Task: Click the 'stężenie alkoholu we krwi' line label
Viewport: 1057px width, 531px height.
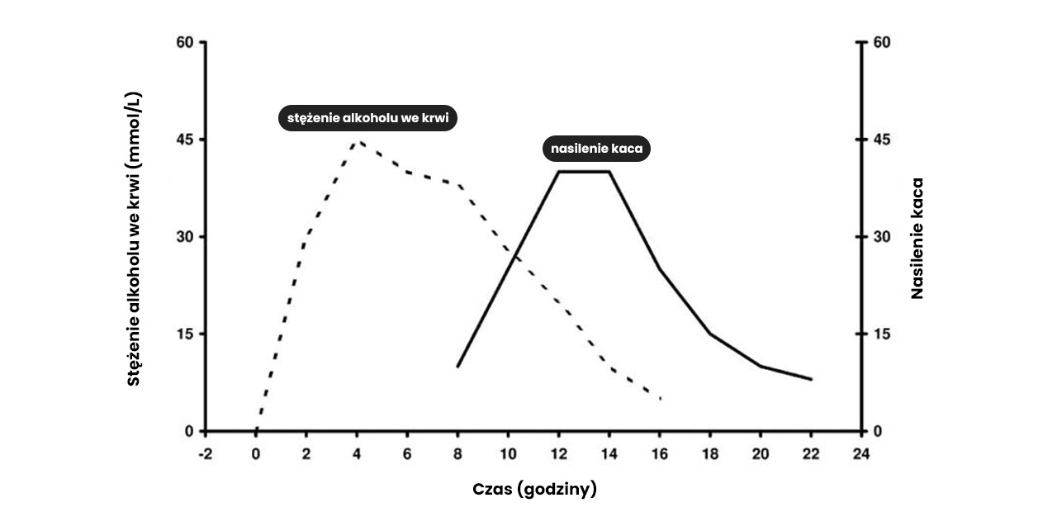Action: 367,118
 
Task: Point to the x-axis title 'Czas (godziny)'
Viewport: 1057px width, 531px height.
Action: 534,489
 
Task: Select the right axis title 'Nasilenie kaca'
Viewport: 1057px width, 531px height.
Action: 917,238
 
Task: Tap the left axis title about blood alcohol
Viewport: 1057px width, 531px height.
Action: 135,238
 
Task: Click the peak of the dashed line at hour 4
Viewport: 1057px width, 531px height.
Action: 357,140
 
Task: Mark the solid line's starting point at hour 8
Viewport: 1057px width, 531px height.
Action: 457,366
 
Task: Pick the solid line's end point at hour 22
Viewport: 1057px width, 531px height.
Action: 811,379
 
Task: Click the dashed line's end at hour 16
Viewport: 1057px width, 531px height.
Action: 661,399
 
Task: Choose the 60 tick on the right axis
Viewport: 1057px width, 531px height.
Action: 881,42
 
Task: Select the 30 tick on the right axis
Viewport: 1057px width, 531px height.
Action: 881,237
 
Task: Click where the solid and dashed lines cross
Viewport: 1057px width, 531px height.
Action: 514,254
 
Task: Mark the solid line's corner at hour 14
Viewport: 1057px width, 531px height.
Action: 609,172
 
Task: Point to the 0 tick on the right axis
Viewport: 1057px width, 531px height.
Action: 877,431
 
